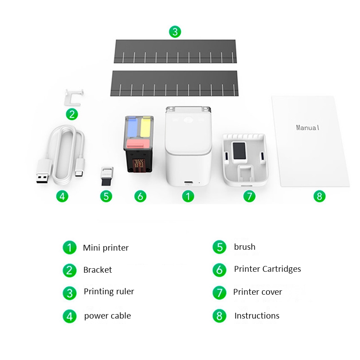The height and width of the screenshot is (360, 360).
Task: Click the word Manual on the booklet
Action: (x=308, y=127)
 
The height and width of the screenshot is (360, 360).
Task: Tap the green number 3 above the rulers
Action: (x=175, y=32)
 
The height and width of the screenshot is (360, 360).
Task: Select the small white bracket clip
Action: (x=74, y=96)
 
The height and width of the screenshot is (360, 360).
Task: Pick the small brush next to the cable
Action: (x=107, y=177)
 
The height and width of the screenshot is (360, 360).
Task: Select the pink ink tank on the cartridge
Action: (x=138, y=144)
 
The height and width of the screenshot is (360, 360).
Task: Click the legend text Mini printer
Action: (x=106, y=248)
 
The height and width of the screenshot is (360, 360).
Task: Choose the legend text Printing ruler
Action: (x=109, y=292)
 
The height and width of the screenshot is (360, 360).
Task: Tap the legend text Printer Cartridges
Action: (x=267, y=269)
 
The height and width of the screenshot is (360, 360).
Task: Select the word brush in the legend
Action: (x=244, y=247)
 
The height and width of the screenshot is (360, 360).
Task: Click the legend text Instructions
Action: (x=256, y=316)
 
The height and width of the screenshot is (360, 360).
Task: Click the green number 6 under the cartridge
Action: (x=140, y=196)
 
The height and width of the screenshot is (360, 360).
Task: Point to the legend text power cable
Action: (x=108, y=316)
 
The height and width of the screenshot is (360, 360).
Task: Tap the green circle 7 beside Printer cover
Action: (x=219, y=292)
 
